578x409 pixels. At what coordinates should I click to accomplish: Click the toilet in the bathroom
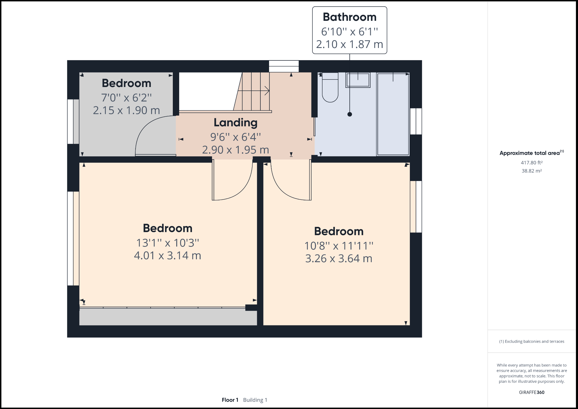point(330,88)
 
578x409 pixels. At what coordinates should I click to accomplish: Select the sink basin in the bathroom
point(358,80)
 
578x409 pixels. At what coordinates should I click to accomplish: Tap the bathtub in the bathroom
point(393,114)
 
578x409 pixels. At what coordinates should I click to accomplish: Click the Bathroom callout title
point(349,17)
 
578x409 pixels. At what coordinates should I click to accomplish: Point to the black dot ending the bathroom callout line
point(350,114)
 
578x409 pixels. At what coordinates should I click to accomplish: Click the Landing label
point(235,123)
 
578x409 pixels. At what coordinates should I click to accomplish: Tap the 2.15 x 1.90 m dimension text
point(126,110)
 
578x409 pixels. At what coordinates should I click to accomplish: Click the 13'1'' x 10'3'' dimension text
point(167,243)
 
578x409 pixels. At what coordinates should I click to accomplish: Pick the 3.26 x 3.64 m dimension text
point(339,258)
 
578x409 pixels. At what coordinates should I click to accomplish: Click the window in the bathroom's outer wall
point(416,121)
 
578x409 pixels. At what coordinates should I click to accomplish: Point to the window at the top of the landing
point(284,66)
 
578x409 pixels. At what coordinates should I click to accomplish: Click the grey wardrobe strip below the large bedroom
point(168,317)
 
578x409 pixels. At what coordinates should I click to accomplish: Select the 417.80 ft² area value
point(531,163)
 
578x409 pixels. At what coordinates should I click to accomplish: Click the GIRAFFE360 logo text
point(531,392)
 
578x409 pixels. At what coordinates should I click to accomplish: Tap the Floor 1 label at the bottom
point(230,400)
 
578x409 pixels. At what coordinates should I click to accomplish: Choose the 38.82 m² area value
point(531,171)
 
